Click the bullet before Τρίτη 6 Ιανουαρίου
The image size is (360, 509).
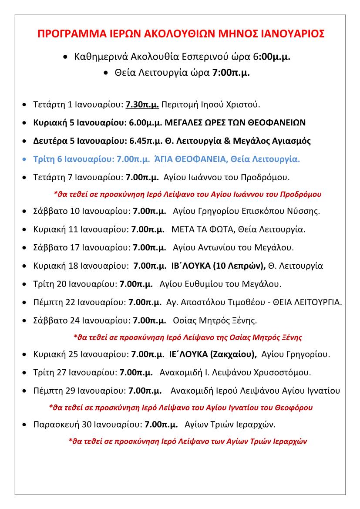tap(24, 159)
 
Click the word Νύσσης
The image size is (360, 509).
tap(306, 211)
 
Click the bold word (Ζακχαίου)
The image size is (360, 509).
tap(233, 354)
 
